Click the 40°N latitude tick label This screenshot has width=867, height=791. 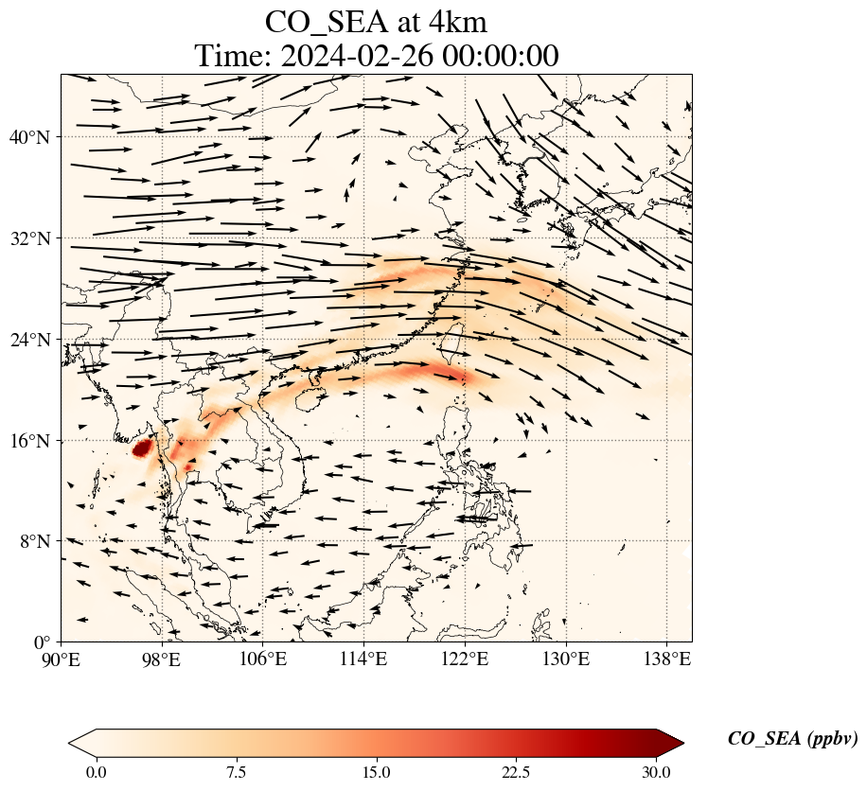(x=35, y=137)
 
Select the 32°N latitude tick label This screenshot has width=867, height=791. (x=35, y=238)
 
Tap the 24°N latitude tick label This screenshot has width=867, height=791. (x=35, y=340)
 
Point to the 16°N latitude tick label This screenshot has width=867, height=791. (x=35, y=441)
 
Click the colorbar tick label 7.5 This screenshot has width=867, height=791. (x=236, y=772)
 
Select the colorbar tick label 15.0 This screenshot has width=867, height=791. (x=376, y=772)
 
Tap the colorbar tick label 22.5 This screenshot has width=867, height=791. (x=516, y=772)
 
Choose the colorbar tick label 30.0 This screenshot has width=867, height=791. (x=656, y=772)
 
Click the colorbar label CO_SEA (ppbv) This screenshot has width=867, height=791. (x=792, y=739)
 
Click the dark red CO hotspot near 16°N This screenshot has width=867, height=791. (x=142, y=448)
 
